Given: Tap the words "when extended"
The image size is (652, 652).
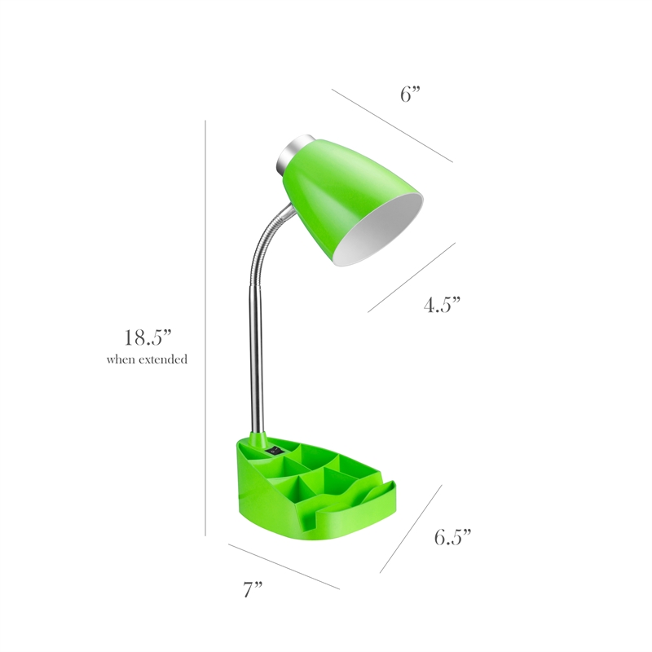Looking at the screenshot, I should point(147,359).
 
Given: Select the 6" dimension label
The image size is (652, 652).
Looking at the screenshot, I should point(411,94).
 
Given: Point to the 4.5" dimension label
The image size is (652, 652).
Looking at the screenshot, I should point(442,306).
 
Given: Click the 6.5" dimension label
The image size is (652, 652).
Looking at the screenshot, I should point(452,537).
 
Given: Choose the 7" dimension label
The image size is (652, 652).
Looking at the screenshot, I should point(253,591).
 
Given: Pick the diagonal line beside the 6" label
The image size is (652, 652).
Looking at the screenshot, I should point(392,125).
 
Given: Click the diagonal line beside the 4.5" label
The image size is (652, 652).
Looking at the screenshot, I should point(412,277).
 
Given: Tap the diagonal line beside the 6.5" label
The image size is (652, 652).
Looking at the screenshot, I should point(411,529).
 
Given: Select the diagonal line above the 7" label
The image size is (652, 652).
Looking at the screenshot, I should point(284,566).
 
